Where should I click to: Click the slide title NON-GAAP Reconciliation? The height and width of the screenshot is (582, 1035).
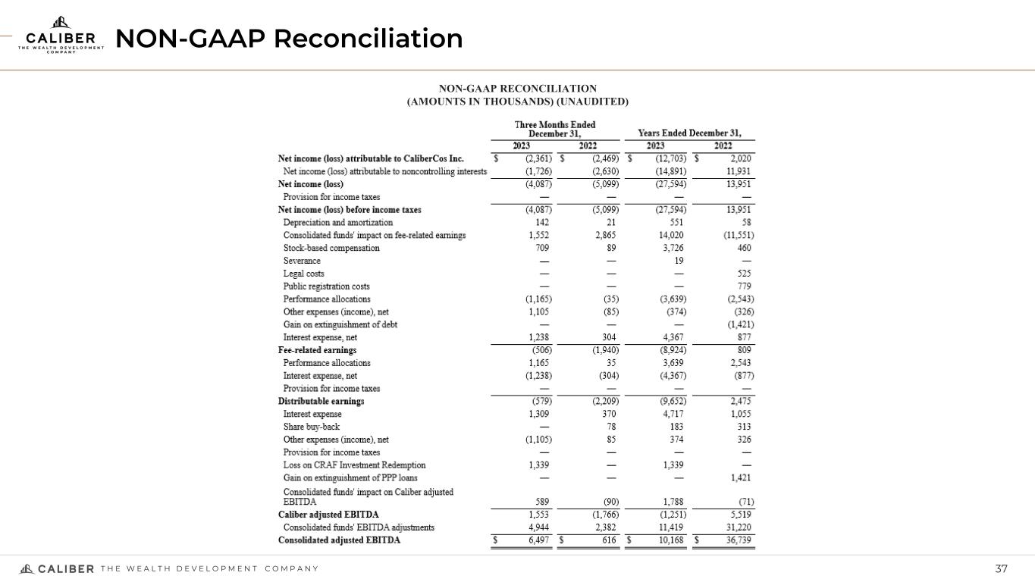click(x=289, y=38)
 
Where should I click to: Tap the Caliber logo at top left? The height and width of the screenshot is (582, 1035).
click(x=61, y=34)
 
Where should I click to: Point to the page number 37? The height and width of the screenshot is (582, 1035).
click(x=1002, y=569)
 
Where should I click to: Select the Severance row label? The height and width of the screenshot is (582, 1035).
click(x=302, y=261)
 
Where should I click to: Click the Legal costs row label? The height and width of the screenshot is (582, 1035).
click(x=303, y=274)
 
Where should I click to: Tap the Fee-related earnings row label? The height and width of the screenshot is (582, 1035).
click(x=317, y=350)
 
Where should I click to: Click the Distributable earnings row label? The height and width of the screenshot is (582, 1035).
click(x=321, y=401)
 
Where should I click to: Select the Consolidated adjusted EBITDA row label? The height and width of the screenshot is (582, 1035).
click(x=339, y=540)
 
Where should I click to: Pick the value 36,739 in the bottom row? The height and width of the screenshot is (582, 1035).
click(x=738, y=540)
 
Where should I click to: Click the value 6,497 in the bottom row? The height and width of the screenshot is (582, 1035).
click(x=537, y=540)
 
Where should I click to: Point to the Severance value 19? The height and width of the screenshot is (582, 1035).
click(x=679, y=261)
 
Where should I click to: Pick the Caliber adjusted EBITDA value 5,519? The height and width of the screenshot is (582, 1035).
click(x=740, y=515)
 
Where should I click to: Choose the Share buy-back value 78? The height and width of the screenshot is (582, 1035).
click(x=611, y=427)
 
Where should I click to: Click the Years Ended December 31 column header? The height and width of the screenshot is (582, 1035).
click(x=689, y=133)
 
